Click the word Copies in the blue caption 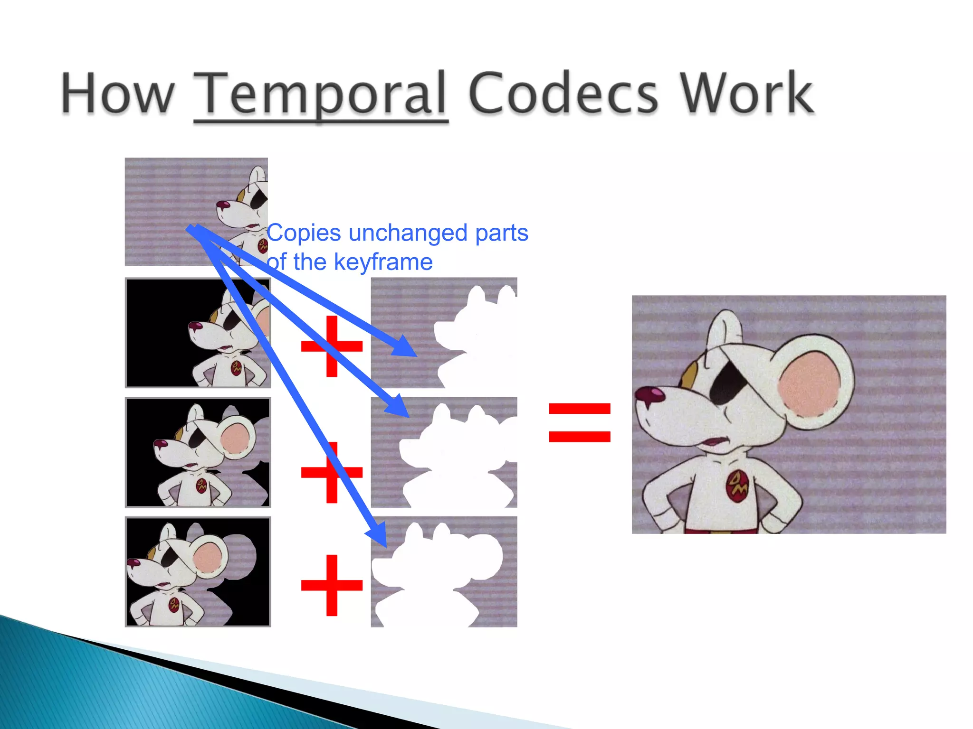click(x=304, y=233)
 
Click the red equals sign click(x=579, y=422)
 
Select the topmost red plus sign click(x=332, y=346)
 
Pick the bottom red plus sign click(x=332, y=585)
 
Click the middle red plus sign click(x=332, y=472)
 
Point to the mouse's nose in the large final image click(x=649, y=394)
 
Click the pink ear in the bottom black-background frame click(x=208, y=557)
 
